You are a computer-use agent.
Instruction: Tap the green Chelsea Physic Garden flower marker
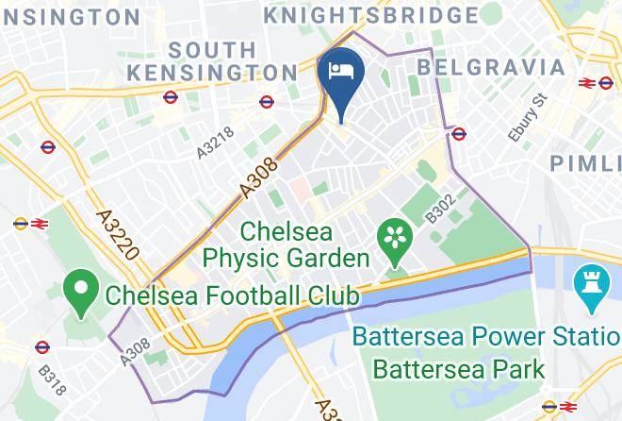(394, 240)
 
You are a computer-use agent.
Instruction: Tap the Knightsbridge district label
(370, 15)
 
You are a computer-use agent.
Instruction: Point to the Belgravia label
(491, 67)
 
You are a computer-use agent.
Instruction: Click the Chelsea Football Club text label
(232, 295)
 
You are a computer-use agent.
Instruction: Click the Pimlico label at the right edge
(585, 162)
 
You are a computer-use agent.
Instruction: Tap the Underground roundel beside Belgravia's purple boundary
(460, 134)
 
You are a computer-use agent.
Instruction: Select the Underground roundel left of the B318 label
(41, 347)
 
